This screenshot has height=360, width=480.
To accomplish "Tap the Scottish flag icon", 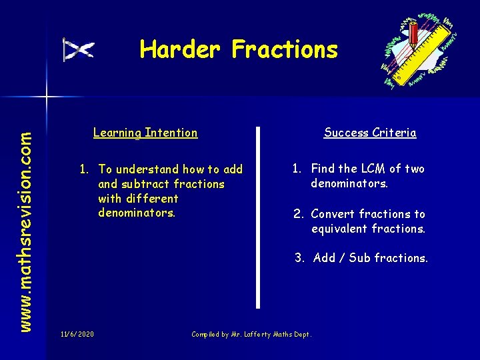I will pos(79,50).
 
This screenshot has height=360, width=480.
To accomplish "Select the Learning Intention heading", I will pos(145,133).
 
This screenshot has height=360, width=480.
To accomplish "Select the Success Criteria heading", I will pos(370,133).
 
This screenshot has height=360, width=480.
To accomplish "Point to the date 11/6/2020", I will pos(77,333).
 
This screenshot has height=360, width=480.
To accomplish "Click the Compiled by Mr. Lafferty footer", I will pos(251,334).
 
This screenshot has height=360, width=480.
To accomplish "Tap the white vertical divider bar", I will pos(259,217).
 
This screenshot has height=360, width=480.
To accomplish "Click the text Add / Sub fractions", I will pos(370,258).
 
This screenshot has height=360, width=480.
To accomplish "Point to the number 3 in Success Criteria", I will pos(299,258).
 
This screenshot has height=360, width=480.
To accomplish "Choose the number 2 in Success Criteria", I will pos(298,214).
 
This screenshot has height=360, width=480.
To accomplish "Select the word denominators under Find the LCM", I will pos(349,183).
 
